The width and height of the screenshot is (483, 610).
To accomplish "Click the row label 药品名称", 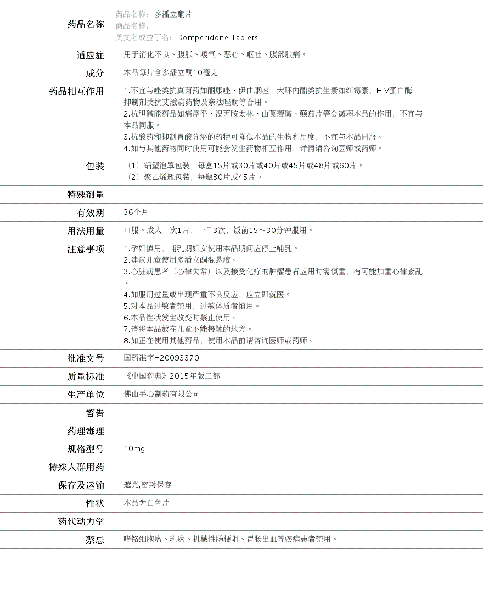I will point(85,24).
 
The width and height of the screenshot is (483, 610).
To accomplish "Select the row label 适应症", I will point(90,55).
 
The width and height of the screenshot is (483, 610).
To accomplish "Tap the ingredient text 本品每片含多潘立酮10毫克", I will point(171,73).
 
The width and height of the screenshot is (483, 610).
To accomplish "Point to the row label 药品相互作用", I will point(76,91).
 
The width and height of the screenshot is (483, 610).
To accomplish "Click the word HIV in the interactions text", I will point(383,91).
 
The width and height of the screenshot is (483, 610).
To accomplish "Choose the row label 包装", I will point(95,166).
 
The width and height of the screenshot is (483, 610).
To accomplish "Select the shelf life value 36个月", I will point(136,212).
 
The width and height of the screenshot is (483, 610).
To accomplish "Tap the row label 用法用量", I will point(85,231).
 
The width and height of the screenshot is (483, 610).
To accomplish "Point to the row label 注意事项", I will point(85,249).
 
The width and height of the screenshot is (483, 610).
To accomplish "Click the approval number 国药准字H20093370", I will point(161,358).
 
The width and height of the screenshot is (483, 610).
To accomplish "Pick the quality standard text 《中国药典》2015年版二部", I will point(172,376).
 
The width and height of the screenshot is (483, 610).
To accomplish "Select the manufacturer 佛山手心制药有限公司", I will point(162,394).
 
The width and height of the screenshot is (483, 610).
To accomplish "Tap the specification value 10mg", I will point(134,449).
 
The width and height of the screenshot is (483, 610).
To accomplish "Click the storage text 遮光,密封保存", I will point(148,485).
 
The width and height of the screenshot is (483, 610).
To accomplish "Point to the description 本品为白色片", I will point(147,503).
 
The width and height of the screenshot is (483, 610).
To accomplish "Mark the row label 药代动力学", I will point(81,522).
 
